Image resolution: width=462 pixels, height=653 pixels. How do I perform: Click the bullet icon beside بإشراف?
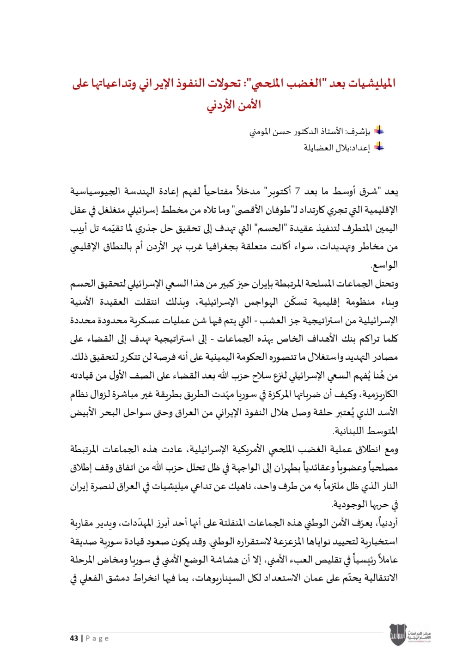point(379,131)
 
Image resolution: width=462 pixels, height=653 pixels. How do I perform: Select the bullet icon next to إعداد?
point(379,147)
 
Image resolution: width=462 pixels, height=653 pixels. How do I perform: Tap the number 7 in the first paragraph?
point(298,191)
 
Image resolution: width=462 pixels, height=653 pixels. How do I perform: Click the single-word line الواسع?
point(384,265)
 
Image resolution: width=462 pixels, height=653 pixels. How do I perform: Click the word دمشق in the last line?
point(122,578)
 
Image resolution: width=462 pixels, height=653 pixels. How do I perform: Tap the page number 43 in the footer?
point(74,638)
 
